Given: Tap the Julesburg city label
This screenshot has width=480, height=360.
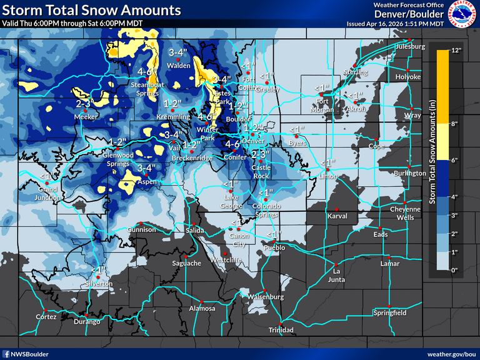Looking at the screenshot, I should [410, 47].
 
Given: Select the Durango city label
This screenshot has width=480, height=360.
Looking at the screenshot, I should [87, 321].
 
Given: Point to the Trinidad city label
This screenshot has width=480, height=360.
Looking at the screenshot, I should [281, 329].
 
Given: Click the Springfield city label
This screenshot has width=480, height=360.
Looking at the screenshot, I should [389, 312].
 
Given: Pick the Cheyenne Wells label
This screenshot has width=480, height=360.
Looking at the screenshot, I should [402, 213].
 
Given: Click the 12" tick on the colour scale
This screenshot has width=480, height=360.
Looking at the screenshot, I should [456, 51].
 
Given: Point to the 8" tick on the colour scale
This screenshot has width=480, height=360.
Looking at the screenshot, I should [456, 124].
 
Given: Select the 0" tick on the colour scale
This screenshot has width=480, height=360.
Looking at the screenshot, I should [456, 269].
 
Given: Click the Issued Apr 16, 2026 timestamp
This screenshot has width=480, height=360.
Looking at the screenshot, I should [396, 24].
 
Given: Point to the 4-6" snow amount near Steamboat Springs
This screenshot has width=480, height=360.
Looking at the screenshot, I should [147, 71].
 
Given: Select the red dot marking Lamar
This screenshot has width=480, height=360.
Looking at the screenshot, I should [389, 257].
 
